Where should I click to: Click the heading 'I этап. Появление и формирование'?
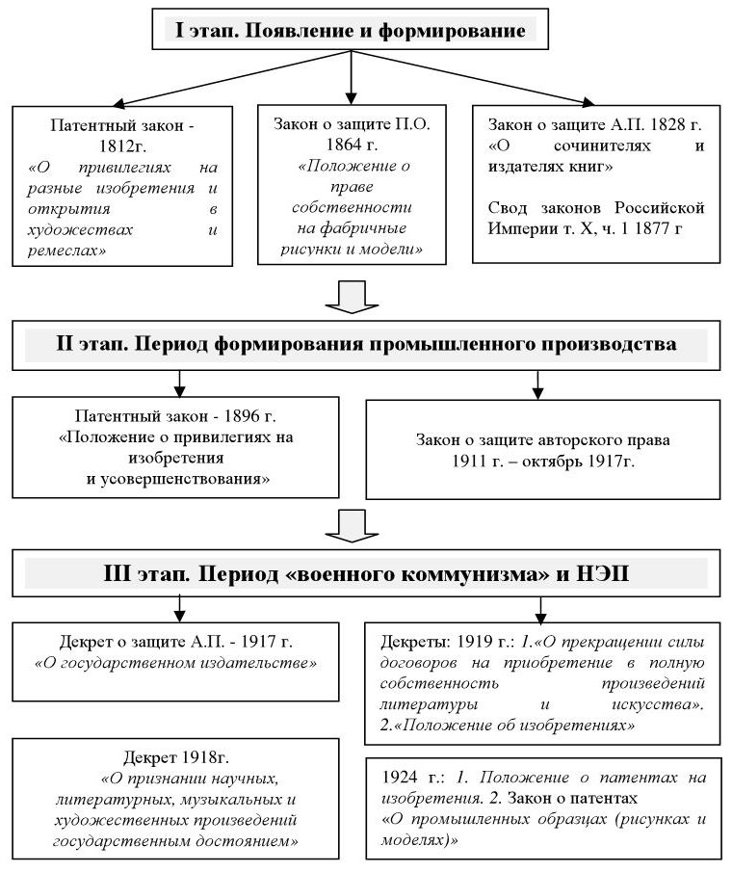pyautogui.click(x=351, y=30)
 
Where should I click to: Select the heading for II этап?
pyautogui.click(x=367, y=345)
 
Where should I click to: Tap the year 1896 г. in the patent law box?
pyautogui.click(x=251, y=416)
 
